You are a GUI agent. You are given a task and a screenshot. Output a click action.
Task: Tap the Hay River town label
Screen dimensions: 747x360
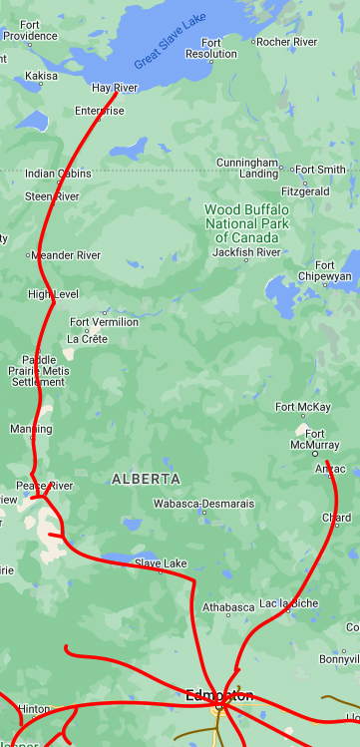tap(114, 88)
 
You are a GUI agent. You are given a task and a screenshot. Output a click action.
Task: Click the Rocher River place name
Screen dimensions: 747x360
tap(286, 42)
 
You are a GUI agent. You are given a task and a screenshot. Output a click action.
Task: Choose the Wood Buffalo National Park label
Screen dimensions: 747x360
tap(246, 223)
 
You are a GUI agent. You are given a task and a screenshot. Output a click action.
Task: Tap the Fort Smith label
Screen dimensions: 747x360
tap(320, 170)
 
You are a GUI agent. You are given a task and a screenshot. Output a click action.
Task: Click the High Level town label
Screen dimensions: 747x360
tap(53, 294)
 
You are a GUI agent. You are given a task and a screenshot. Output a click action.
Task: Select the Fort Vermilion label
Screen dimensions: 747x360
tap(104, 322)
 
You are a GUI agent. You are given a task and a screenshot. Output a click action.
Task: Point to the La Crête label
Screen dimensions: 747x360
tap(87, 339)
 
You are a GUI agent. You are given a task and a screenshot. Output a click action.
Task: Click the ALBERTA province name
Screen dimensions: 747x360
tap(146, 479)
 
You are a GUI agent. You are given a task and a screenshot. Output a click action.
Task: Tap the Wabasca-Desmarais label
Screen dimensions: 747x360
tap(203, 504)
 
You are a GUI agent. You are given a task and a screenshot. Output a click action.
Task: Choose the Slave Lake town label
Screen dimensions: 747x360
tap(161, 563)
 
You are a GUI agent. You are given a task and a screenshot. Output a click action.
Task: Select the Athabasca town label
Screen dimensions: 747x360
tap(228, 606)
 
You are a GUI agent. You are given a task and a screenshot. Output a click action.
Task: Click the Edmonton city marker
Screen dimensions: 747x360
tap(218, 706)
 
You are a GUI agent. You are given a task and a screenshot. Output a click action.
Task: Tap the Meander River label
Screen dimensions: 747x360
tap(66, 255)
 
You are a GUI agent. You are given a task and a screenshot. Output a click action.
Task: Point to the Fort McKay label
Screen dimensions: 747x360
tap(303, 407)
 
